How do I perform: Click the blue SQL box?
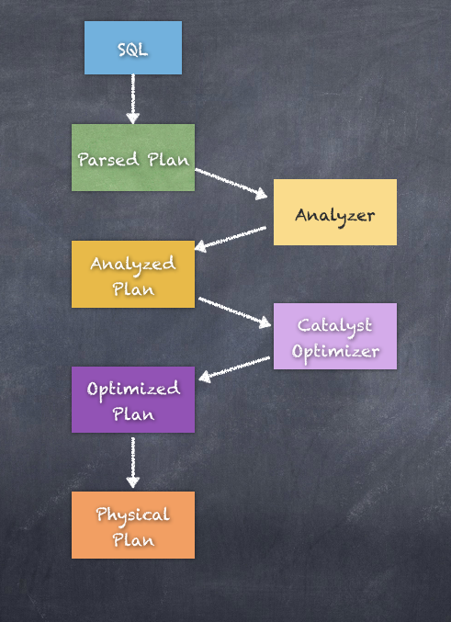(x=133, y=48)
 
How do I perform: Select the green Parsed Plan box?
(x=133, y=157)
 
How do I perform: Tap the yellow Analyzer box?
(x=334, y=212)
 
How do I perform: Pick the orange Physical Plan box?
(x=133, y=525)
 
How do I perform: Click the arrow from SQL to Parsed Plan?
(x=133, y=99)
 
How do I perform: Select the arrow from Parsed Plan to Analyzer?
(x=231, y=183)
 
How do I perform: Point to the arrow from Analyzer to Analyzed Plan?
(x=231, y=239)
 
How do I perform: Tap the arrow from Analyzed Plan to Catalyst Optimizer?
(x=234, y=312)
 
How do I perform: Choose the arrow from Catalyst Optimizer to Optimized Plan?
(x=234, y=369)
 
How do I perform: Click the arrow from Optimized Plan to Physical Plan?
(x=133, y=462)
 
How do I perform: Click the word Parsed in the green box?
(x=108, y=160)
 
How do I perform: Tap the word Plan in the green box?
(x=168, y=160)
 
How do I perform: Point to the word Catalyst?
(x=334, y=325)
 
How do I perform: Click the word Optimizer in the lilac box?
(x=335, y=352)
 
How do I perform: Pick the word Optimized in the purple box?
(x=133, y=390)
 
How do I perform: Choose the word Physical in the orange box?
(x=133, y=515)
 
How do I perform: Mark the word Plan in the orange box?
(x=133, y=540)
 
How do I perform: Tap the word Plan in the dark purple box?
(x=133, y=414)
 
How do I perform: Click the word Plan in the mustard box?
(x=133, y=288)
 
